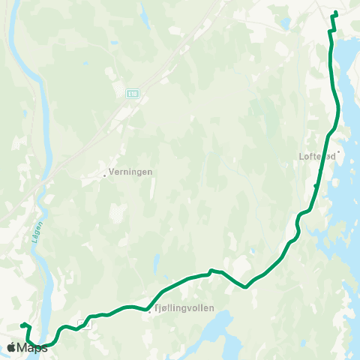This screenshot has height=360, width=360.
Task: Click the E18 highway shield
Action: (x=133, y=93)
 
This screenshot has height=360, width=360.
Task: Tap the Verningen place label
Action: (x=130, y=172)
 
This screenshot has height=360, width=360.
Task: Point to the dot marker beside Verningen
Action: (x=104, y=175)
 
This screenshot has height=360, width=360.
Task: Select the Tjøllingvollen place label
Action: (x=184, y=308)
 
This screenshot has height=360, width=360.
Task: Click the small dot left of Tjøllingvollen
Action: (x=150, y=313)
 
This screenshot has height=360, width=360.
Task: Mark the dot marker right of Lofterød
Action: (x=338, y=152)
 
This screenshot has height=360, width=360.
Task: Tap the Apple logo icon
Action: (x=11, y=347)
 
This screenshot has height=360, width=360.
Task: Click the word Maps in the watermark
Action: (x=32, y=347)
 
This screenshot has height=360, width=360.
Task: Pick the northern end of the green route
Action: (x=336, y=13)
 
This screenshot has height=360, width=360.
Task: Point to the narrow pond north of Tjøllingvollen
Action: (x=155, y=262)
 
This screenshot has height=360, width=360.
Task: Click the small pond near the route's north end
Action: (x=286, y=22)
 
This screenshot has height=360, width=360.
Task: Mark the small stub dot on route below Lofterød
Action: (x=315, y=185)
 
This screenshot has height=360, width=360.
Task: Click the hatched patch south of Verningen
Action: (x=116, y=211)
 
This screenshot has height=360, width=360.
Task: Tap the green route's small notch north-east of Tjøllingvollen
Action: (x=212, y=271)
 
